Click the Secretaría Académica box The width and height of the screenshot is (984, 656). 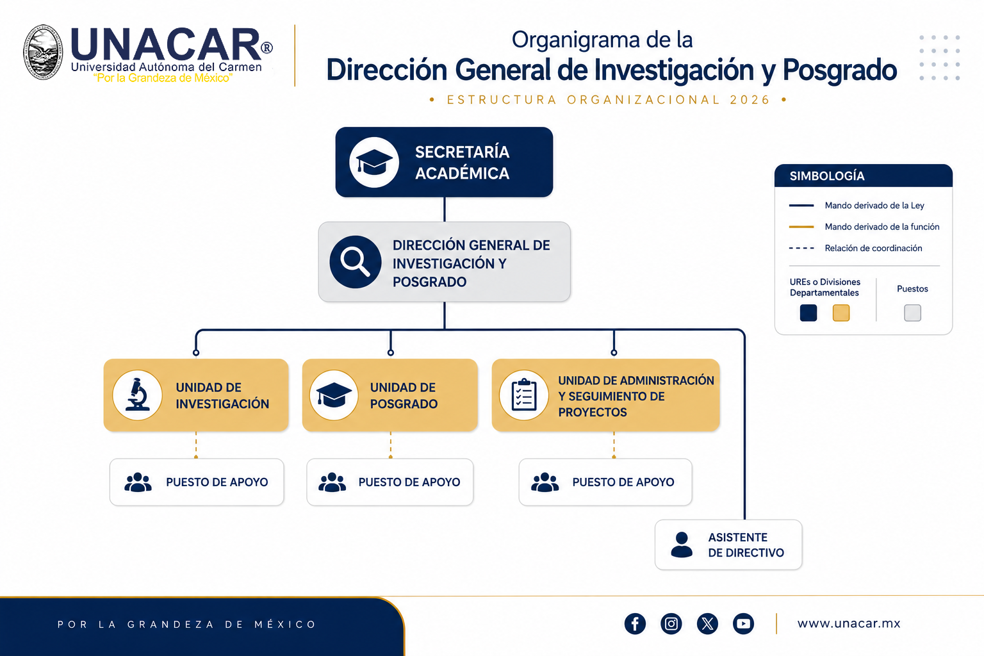tap(444, 162)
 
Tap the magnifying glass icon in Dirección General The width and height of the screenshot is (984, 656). tap(356, 262)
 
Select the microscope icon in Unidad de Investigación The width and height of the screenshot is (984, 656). tap(138, 395)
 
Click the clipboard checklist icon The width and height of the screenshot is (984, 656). tap(524, 395)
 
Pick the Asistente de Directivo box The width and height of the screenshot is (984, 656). tap(728, 545)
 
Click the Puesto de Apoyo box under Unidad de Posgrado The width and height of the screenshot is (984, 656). tap(390, 482)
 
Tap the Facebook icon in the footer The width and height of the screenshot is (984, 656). tap(635, 623)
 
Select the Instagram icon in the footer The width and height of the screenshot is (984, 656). tap(671, 623)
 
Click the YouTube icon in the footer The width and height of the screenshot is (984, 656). tap(743, 623)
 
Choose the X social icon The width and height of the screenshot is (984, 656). tap(707, 623)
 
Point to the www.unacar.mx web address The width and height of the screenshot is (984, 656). tap(849, 623)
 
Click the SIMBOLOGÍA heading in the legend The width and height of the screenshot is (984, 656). tap(827, 176)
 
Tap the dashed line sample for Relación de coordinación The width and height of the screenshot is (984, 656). tap(801, 249)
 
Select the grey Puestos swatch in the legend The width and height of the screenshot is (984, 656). tap(912, 313)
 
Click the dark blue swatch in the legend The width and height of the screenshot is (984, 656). tap(808, 313)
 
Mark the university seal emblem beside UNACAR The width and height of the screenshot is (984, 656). tap(43, 53)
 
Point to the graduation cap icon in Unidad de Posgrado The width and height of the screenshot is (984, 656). tap(334, 395)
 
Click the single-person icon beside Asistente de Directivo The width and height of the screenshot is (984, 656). tap(682, 545)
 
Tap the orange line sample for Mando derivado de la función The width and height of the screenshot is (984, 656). tap(801, 227)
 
